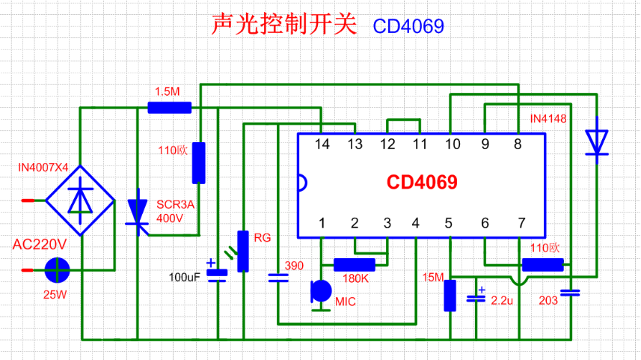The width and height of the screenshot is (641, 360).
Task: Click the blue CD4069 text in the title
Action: click(x=408, y=26)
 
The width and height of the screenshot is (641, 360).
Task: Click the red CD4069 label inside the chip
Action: click(x=421, y=183)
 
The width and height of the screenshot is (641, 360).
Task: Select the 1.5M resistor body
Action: click(x=169, y=108)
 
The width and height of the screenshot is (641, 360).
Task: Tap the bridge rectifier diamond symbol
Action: click(x=80, y=201)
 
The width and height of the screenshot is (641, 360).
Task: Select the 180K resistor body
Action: click(x=354, y=264)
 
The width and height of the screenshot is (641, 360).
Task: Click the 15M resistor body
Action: click(x=450, y=295)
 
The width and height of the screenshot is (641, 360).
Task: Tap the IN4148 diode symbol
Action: click(x=596, y=141)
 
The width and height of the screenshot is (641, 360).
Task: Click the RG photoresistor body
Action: click(x=242, y=251)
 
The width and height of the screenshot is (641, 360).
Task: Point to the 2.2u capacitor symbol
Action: click(x=476, y=298)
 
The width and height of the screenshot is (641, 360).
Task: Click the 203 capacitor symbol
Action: click(x=569, y=293)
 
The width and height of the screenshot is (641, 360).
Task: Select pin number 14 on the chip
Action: click(x=322, y=144)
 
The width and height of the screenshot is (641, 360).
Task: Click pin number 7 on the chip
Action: click(x=521, y=223)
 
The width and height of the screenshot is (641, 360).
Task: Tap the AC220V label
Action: click(x=40, y=245)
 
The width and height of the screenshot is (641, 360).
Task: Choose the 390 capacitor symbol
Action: click(x=277, y=278)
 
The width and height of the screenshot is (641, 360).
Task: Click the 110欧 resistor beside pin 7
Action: click(x=542, y=264)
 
